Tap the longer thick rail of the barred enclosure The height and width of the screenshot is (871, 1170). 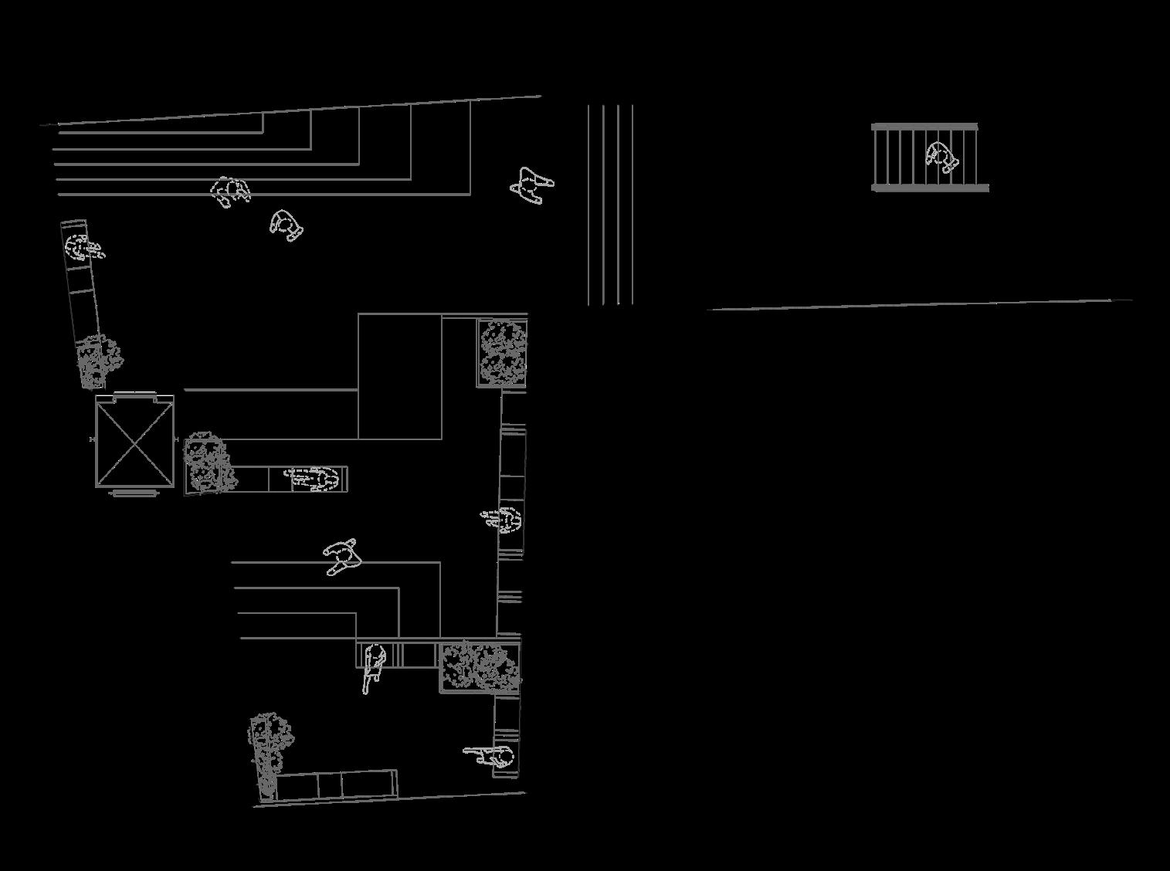coord(930,188)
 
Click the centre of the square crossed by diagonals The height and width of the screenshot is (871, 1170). coord(134,441)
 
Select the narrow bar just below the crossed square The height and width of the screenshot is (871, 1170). coord(134,493)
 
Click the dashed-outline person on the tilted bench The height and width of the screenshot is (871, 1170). coord(81,248)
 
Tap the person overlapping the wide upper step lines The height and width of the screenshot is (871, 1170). coord(229,190)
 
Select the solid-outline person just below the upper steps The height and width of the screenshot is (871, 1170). coord(286,225)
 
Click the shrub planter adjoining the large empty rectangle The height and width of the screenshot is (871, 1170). coord(503,353)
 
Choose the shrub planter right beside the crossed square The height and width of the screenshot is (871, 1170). coord(206,463)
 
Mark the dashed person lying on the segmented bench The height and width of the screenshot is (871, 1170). coord(315,479)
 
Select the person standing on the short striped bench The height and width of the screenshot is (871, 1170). coord(375,666)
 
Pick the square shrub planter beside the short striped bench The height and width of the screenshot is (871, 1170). coord(479,666)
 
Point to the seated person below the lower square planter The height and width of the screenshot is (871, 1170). coord(494,757)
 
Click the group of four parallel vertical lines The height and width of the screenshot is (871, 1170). coord(610,205)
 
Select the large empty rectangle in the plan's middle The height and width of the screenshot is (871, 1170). coord(400,376)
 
